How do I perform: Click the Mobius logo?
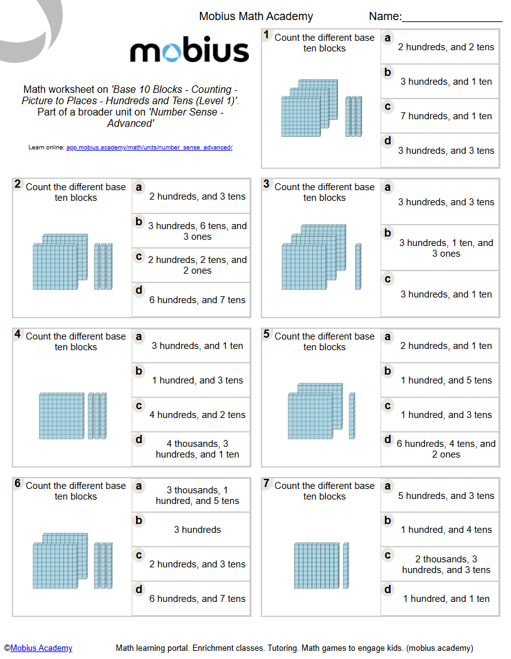point(189,51)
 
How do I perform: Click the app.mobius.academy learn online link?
point(149,147)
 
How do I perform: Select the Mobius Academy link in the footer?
point(41,648)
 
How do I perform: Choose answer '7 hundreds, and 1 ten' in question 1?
point(446,116)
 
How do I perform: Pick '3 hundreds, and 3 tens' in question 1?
point(446,151)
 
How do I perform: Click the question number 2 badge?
point(18,185)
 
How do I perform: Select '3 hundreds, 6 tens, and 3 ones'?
point(198,231)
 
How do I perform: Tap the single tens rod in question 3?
point(358,266)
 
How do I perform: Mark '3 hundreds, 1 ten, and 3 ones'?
point(446,248)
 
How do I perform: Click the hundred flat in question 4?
point(61,415)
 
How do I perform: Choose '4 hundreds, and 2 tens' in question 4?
point(198,415)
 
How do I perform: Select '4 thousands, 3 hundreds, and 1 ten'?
point(198,449)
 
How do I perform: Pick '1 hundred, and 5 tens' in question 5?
point(446,380)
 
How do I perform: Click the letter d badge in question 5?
point(388,440)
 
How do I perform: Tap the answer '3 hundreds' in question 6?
point(198,530)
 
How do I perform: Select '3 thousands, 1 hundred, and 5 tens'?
point(198,495)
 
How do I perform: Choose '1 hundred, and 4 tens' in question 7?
point(446,530)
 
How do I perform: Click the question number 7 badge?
point(266,483)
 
